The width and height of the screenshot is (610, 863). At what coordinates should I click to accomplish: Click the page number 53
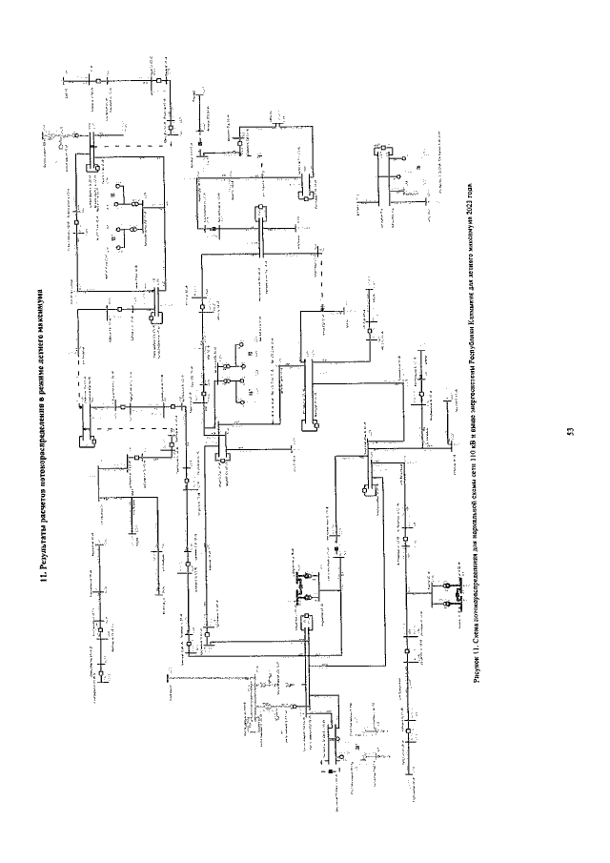click(x=569, y=432)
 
